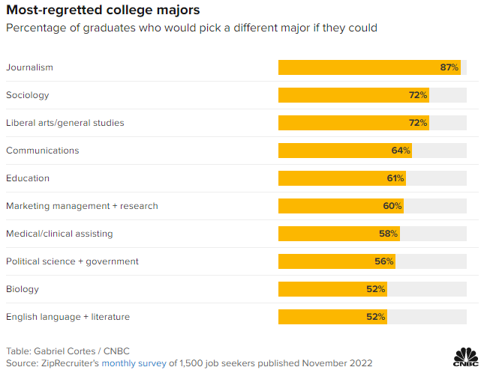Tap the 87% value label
449,67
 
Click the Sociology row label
27,95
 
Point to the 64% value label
401,151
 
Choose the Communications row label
42,151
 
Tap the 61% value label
395,178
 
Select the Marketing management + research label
82,206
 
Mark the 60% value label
393,206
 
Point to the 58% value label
388,234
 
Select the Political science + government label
72,261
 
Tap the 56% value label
384,261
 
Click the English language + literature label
68,317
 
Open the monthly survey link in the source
134,363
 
